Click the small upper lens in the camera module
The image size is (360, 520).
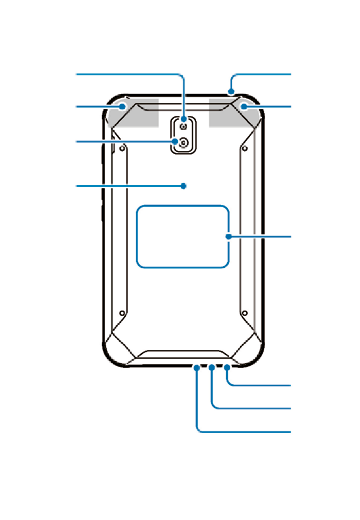click(184, 126)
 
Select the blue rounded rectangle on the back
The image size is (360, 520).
click(183, 237)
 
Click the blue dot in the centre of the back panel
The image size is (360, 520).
click(184, 186)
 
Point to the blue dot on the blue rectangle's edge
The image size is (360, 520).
click(229, 237)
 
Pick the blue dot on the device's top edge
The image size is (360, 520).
click(231, 91)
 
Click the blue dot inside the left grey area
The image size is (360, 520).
click(122, 107)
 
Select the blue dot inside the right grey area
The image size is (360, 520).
click(244, 107)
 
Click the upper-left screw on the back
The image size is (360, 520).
click(122, 148)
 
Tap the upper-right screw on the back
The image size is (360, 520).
click(245, 148)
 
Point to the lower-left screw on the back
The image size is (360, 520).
click(122, 313)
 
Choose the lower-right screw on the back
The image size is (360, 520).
click(245, 313)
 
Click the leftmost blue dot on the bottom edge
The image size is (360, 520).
click(197, 368)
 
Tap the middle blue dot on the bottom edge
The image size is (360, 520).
click(212, 368)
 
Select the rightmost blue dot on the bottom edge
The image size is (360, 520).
click(227, 368)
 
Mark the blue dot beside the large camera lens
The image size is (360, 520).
click(175, 142)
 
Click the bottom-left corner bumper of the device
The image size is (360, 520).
click(116, 350)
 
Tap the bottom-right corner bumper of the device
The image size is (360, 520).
click(251, 350)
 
